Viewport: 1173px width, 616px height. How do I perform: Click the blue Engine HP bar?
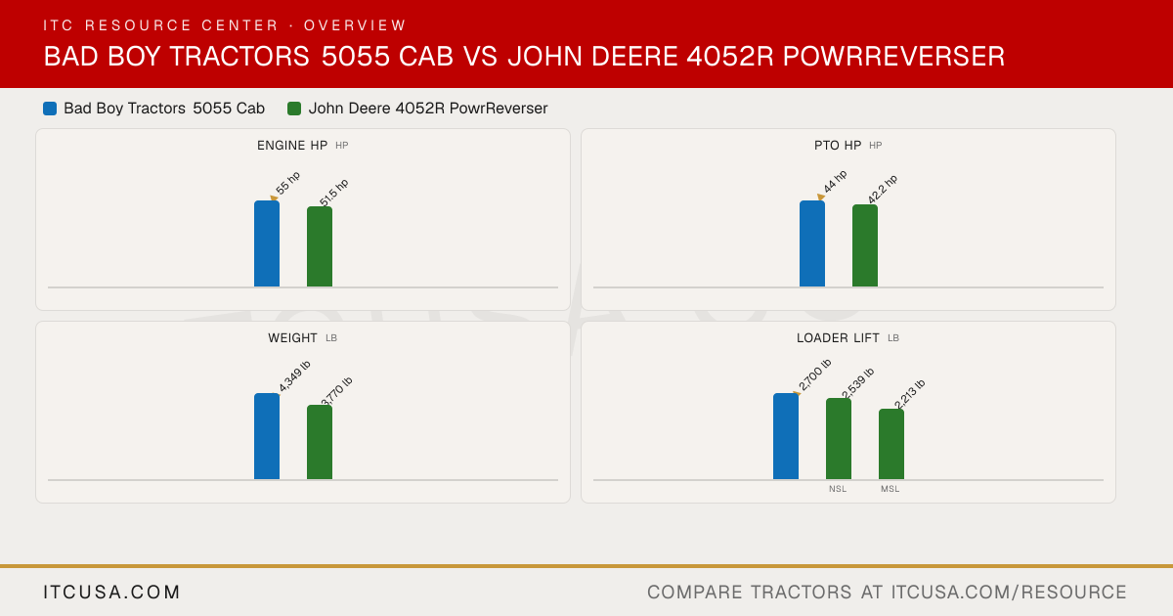coord(267,243)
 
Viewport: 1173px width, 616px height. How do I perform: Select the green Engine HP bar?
coord(320,246)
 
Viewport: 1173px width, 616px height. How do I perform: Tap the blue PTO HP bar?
coord(812,243)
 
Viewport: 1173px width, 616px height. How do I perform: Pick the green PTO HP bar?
coord(865,245)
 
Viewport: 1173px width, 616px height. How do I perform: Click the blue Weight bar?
coord(267,436)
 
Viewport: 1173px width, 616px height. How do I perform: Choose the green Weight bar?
coord(320,442)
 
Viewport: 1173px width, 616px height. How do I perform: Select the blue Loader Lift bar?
coord(786,436)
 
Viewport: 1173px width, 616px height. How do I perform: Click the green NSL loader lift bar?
coord(839,439)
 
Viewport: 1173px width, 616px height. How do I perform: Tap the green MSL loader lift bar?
coord(891,444)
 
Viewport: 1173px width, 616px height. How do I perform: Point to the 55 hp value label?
coord(288,183)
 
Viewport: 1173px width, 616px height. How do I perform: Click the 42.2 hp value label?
coord(883,189)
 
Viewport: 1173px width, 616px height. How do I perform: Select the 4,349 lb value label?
coord(294,376)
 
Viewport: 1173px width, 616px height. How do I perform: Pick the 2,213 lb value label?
coord(910,393)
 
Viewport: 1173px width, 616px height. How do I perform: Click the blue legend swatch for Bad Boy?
coord(50,109)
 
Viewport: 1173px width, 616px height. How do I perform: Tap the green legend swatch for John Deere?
coord(294,109)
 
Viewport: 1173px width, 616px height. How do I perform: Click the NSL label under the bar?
coord(838,489)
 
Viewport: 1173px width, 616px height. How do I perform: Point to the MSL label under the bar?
coord(891,489)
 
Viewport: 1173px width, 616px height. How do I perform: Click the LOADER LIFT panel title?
coord(838,338)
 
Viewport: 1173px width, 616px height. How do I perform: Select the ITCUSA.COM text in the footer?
coord(111,592)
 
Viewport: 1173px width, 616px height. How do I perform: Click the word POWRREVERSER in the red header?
coord(893,57)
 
